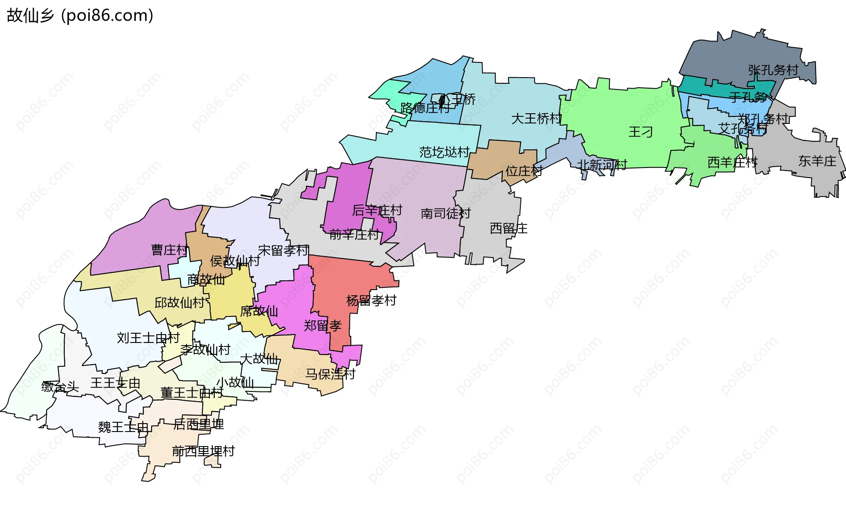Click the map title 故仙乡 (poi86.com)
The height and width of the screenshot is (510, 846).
click(x=80, y=15)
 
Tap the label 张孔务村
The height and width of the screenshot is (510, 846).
click(x=773, y=70)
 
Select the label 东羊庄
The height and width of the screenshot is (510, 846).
click(x=817, y=161)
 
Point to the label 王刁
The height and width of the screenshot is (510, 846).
click(x=640, y=132)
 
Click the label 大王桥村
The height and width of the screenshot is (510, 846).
click(x=536, y=118)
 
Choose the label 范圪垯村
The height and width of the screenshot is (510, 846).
click(x=444, y=152)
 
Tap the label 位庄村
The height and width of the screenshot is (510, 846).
click(x=523, y=171)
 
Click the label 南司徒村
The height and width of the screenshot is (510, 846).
click(x=445, y=213)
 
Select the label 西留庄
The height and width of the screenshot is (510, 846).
click(x=508, y=228)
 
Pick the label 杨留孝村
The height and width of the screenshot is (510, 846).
click(x=371, y=301)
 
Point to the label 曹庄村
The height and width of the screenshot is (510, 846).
click(x=170, y=250)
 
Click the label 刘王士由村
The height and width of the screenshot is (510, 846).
click(x=148, y=338)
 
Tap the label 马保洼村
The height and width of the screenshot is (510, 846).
click(x=330, y=374)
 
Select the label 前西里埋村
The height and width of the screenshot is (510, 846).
click(x=203, y=451)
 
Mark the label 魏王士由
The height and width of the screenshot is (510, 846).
click(x=123, y=427)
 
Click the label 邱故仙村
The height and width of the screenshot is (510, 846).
click(x=179, y=302)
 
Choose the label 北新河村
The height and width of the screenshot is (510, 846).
click(x=602, y=164)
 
